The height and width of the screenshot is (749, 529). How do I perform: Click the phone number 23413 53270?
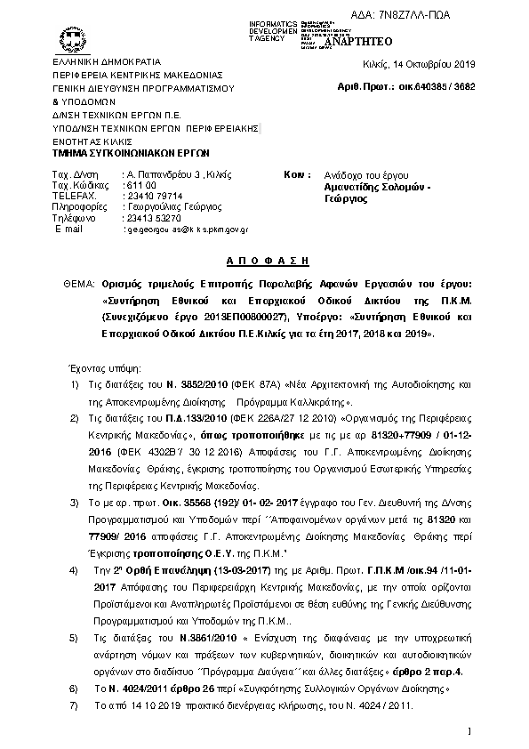(154, 217)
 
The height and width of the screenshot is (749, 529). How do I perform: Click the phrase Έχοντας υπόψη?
(98, 366)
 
